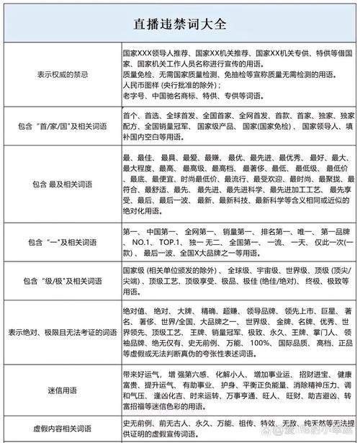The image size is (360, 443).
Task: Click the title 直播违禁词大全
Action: (x=180, y=23)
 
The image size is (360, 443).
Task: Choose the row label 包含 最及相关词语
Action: (x=63, y=184)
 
